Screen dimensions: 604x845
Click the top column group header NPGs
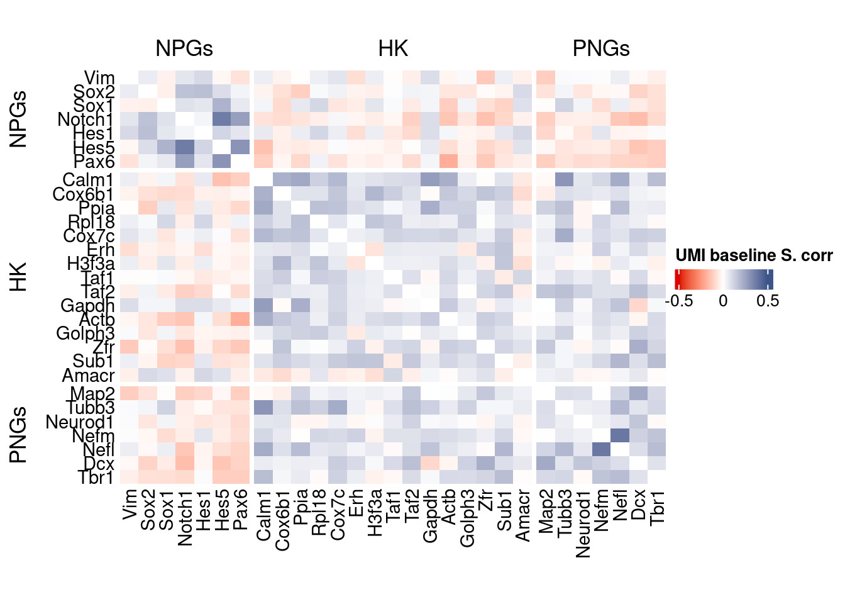184,48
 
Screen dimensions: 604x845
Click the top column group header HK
393,48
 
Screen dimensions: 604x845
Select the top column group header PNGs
601,48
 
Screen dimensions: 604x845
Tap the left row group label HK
19,277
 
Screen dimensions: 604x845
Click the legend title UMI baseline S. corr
754,255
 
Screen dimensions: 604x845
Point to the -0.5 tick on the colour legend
678,301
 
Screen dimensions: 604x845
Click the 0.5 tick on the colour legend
768,301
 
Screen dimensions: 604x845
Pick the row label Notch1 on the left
86,120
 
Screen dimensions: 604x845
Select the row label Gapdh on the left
87,306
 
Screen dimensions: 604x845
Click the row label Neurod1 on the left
80,422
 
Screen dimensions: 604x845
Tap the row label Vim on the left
99,78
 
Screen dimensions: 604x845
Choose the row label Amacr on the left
89,376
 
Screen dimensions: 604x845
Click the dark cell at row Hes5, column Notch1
185,147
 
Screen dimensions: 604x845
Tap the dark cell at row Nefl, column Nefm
602,449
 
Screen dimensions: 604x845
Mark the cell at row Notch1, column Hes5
222,119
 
